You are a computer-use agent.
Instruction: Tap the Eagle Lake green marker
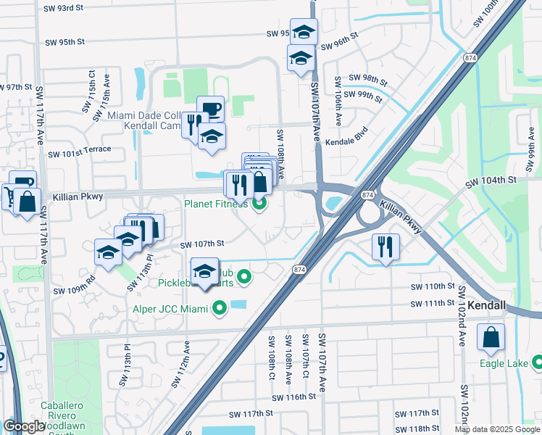coord(537,361)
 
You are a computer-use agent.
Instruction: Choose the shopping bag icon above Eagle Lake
coord(491,336)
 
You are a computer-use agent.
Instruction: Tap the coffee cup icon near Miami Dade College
coord(210,109)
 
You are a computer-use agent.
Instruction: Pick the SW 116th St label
coord(294,397)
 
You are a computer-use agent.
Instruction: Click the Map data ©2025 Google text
coord(497,429)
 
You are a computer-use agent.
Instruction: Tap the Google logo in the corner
coord(25,426)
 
